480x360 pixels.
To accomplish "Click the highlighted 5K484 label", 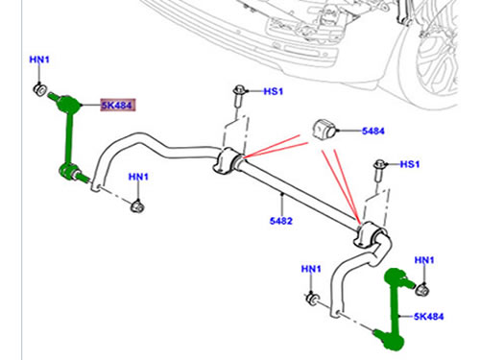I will click(118, 106).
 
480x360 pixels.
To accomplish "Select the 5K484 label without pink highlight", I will click(430, 316).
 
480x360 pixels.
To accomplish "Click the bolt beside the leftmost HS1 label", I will click(238, 94).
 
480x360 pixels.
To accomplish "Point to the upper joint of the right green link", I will click(394, 277).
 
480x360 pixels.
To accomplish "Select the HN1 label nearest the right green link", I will click(424, 261).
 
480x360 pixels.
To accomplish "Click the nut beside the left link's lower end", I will click(137, 204).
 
